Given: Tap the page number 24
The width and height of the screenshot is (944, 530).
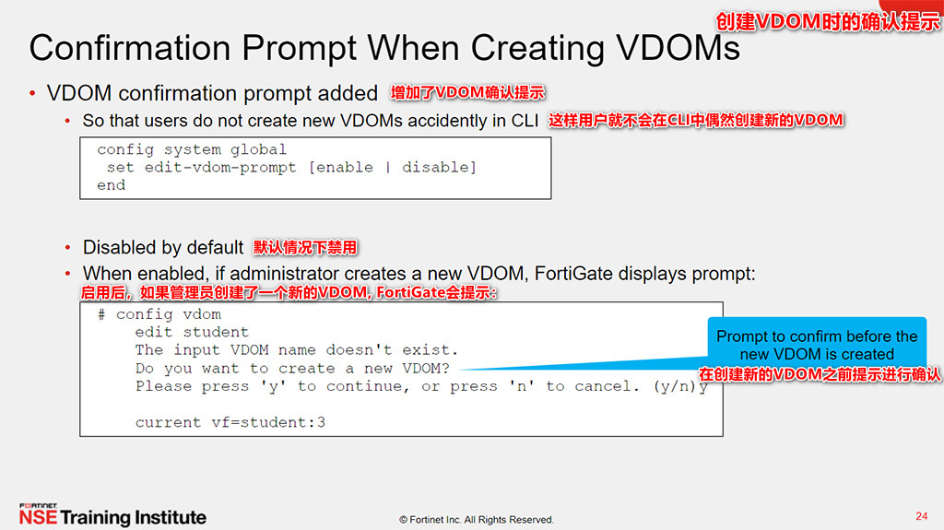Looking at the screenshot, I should (x=921, y=515).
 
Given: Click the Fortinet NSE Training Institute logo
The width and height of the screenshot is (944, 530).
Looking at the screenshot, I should (x=112, y=515).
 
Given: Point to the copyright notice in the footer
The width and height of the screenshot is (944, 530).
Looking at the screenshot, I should (x=476, y=520).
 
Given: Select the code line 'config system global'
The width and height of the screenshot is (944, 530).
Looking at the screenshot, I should (x=192, y=149).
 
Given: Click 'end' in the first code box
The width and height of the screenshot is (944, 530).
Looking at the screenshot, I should (x=111, y=185).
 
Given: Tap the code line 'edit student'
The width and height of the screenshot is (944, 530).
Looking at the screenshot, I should (x=192, y=332).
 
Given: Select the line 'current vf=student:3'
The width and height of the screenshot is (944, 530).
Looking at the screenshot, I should (x=230, y=422).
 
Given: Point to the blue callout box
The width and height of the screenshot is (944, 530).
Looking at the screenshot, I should (x=817, y=354).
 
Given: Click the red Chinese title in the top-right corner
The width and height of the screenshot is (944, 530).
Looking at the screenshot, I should (x=829, y=20).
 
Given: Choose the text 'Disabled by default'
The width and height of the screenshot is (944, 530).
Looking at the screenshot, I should (x=163, y=248).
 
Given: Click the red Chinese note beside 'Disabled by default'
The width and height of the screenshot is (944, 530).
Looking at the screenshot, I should (x=305, y=248).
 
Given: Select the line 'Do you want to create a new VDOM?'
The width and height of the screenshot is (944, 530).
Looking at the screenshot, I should (x=292, y=368).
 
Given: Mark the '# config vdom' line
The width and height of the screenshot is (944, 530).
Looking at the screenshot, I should (x=159, y=314).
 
